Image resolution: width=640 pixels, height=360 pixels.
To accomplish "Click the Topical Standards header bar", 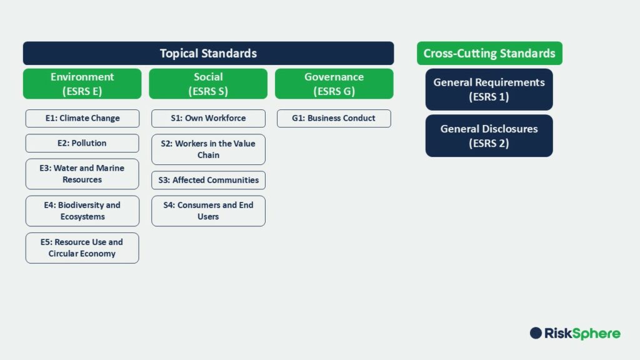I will [208, 53].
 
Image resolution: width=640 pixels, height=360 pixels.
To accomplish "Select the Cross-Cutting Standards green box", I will [489, 53].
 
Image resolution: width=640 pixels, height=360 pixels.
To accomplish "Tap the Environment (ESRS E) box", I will [82, 84].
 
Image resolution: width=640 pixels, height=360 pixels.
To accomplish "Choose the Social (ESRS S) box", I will [208, 84].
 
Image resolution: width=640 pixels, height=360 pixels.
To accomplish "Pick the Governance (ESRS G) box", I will [334, 84].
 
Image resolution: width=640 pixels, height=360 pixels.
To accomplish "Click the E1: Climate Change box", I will [82, 118].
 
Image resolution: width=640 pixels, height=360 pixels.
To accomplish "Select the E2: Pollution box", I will [82, 143].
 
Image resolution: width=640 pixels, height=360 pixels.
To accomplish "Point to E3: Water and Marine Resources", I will [82, 174].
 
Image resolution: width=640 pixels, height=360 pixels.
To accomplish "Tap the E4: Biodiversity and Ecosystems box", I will [82, 211].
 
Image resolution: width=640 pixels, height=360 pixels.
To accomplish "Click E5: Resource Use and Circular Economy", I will [82, 247].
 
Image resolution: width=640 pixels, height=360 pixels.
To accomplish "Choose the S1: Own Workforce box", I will [208, 118].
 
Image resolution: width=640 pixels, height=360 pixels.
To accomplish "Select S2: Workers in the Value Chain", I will [208, 149].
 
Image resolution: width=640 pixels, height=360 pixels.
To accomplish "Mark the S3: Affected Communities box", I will [208, 180].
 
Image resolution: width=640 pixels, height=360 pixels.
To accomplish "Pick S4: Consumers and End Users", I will [208, 211].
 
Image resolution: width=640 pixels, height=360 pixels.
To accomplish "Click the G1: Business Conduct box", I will [334, 118].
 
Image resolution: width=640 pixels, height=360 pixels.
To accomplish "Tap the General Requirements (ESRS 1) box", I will [489, 89].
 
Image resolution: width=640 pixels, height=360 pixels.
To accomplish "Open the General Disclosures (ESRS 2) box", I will [489, 136].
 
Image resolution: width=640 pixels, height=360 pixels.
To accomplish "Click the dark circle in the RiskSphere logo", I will [536, 333].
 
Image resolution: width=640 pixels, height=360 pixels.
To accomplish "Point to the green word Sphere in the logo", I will [599, 334].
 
